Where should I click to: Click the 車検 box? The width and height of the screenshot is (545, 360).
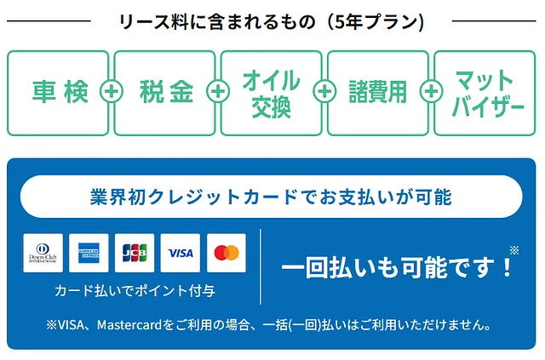click(58, 93)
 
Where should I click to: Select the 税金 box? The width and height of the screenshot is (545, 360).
click(164, 93)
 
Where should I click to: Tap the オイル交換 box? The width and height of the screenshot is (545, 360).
click(271, 93)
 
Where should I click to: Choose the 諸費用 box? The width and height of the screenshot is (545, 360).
click(378, 93)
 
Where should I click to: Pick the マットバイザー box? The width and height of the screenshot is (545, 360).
click(485, 93)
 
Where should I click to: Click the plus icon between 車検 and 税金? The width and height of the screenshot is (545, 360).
click(112, 91)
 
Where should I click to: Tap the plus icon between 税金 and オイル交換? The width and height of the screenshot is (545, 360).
click(218, 91)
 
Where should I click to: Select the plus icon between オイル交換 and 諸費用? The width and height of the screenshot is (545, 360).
click(325, 91)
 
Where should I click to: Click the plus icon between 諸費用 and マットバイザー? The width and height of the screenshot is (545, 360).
click(432, 91)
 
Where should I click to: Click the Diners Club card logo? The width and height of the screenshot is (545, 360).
click(43, 253)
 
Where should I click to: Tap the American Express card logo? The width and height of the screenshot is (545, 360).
click(89, 253)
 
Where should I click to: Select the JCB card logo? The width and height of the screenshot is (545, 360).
click(135, 253)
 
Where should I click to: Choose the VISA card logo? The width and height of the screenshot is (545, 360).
click(181, 253)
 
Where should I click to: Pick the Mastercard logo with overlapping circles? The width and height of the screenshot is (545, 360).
click(227, 253)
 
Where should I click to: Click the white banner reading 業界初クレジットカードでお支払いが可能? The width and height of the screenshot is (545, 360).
click(272, 197)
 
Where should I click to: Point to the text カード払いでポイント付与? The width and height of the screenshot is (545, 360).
click(135, 291)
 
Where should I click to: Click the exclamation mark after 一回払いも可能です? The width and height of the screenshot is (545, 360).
click(508, 267)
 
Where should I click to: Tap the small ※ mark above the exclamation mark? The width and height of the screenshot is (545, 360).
click(514, 250)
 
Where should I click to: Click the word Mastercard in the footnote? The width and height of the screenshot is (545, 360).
click(129, 325)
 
